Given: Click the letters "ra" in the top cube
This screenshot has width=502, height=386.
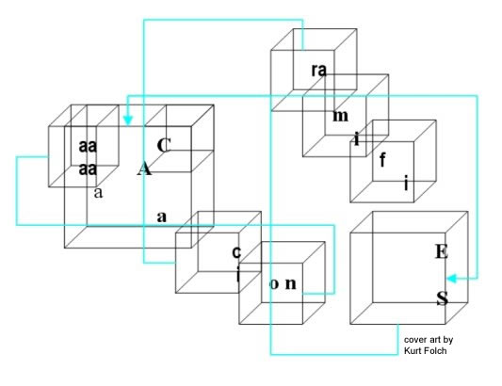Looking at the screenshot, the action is click(x=319, y=71).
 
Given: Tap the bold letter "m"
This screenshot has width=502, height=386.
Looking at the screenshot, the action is click(x=340, y=116).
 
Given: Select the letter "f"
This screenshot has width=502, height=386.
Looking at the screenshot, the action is click(x=382, y=160).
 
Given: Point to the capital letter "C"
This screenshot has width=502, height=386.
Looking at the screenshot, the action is click(x=164, y=145).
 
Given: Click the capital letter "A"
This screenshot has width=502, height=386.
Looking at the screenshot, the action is click(x=144, y=169).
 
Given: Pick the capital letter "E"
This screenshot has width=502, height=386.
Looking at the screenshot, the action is click(x=442, y=251).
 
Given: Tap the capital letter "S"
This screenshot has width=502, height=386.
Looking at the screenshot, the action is click(x=442, y=298).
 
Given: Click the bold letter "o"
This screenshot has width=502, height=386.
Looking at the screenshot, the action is click(x=274, y=284).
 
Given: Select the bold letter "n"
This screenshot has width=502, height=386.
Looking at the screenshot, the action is click(x=291, y=283).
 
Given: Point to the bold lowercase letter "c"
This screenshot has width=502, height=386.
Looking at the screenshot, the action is click(x=236, y=252).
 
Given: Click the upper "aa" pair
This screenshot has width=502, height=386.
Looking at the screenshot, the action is click(x=88, y=146).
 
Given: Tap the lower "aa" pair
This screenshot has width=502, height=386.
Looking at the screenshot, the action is click(x=88, y=169).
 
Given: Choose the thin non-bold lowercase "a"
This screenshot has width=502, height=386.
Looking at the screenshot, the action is click(x=99, y=193).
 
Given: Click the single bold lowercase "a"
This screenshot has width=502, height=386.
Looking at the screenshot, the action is click(x=162, y=217).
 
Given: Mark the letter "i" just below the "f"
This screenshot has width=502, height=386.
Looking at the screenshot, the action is click(x=406, y=184).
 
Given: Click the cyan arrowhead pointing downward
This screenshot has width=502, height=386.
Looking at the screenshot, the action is click(x=128, y=121).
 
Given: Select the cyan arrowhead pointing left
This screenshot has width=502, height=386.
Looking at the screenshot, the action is click(x=451, y=279).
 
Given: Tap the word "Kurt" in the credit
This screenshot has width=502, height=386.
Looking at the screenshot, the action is click(x=411, y=351).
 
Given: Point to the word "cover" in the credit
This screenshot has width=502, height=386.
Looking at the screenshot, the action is click(x=413, y=340).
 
